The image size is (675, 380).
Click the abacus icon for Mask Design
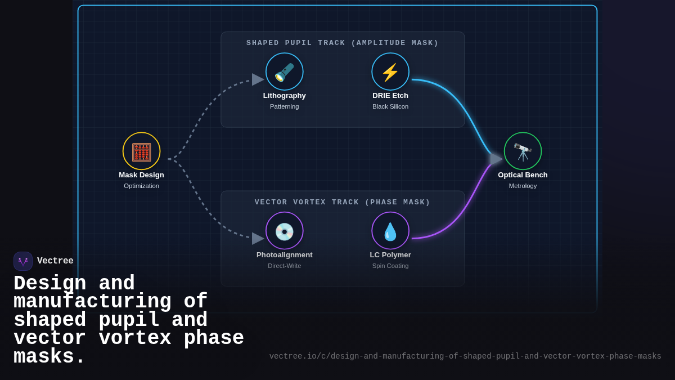click(x=141, y=151)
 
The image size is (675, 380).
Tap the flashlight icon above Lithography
click(x=284, y=72)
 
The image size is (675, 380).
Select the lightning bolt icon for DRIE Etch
click(x=390, y=72)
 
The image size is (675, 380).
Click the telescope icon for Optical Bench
click(x=523, y=151)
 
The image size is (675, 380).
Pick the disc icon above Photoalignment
click(x=284, y=231)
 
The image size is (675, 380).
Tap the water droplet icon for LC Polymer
click(x=390, y=231)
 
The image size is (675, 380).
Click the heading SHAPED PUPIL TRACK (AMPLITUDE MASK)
click(x=342, y=43)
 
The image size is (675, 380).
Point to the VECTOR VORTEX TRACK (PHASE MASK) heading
click(x=342, y=202)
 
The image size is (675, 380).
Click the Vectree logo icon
click(x=23, y=261)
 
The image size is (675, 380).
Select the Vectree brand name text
click(x=55, y=261)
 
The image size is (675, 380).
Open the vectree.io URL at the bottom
click(x=465, y=356)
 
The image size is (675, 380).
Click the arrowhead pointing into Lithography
click(x=258, y=79)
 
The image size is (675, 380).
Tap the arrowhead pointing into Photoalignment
click(x=258, y=239)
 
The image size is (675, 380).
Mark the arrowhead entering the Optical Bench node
click(x=496, y=159)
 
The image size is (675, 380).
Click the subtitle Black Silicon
click(x=390, y=106)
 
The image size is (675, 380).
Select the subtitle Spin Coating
click(x=390, y=266)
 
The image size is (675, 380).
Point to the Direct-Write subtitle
click(x=284, y=266)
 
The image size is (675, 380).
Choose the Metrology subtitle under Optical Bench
click(x=523, y=186)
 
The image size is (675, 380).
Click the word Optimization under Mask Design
click(x=141, y=186)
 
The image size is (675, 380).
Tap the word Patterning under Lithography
click(x=284, y=106)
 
